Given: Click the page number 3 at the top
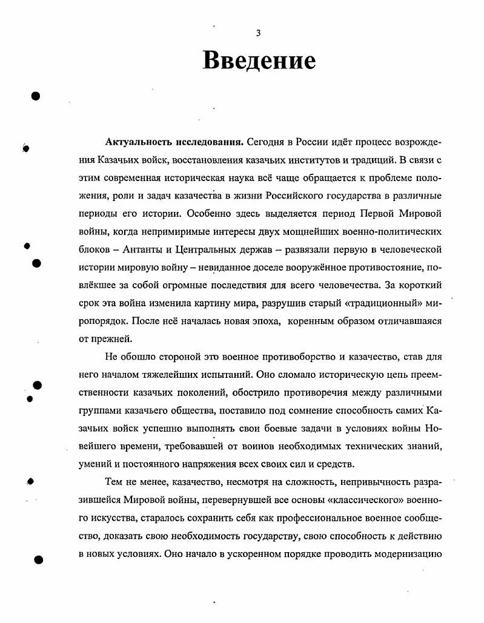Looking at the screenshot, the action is (x=258, y=33).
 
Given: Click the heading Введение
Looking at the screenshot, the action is (x=259, y=61).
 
